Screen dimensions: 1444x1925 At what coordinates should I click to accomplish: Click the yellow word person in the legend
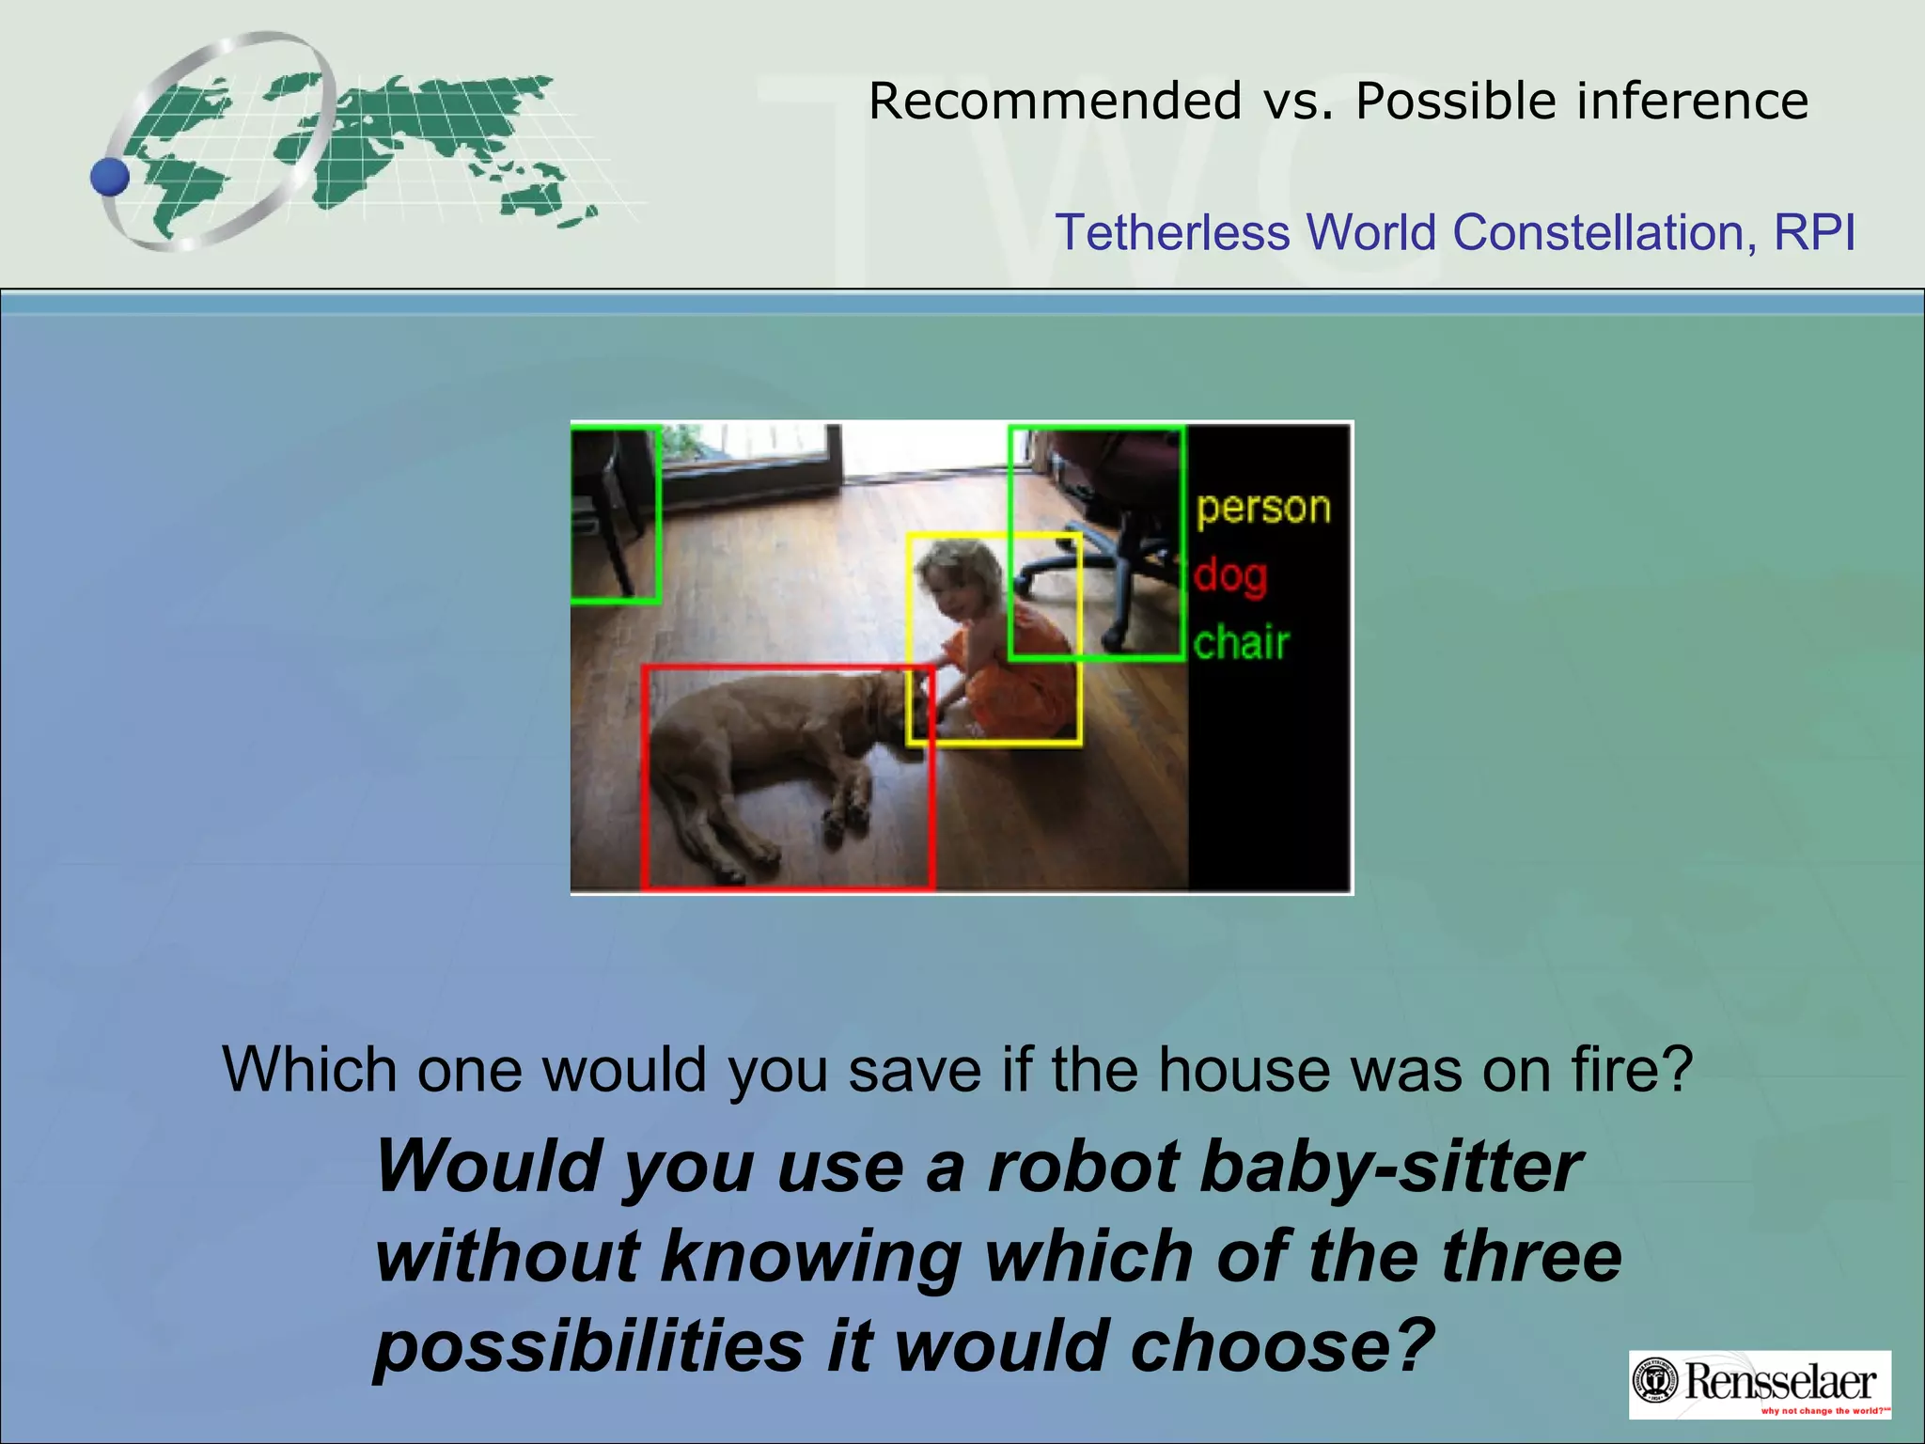click(1263, 509)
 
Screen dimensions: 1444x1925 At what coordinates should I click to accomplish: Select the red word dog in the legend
click(1230, 575)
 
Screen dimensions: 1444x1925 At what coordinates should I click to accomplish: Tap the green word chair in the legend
click(1241, 644)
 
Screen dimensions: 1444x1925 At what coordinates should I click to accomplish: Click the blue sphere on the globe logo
click(111, 177)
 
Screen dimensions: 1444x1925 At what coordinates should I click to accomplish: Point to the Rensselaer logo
click(1760, 1384)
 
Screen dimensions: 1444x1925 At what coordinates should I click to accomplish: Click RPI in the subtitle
click(1814, 232)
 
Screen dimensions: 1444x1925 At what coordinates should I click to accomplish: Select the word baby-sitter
click(1392, 1167)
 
